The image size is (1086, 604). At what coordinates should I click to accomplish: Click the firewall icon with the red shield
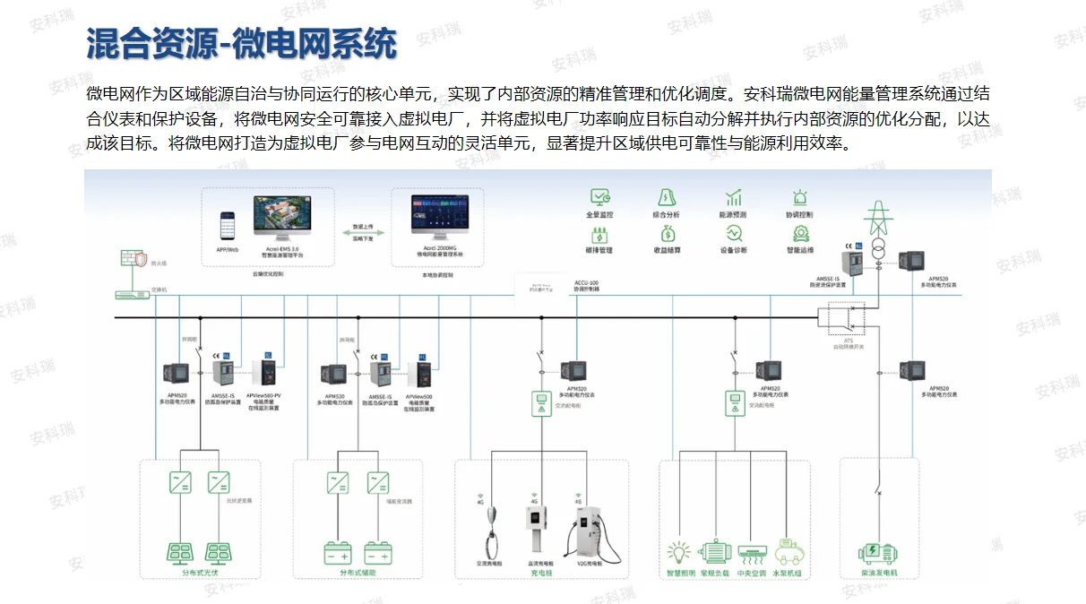pyautogui.click(x=134, y=261)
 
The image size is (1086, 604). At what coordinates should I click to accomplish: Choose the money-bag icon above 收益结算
pyautogui.click(x=667, y=233)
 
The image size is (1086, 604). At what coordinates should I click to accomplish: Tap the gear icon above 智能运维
pyautogui.click(x=800, y=233)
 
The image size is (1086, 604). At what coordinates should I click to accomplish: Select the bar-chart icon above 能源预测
pyautogui.click(x=733, y=197)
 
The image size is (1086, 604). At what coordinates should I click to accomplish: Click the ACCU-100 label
pyautogui.click(x=587, y=283)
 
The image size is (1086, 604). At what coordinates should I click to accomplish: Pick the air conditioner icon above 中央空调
pyautogui.click(x=751, y=549)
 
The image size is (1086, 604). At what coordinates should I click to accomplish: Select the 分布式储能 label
pyautogui.click(x=357, y=573)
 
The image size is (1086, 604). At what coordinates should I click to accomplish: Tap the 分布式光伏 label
pyautogui.click(x=194, y=573)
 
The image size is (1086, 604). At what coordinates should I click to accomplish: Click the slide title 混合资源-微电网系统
pyautogui.click(x=241, y=43)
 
